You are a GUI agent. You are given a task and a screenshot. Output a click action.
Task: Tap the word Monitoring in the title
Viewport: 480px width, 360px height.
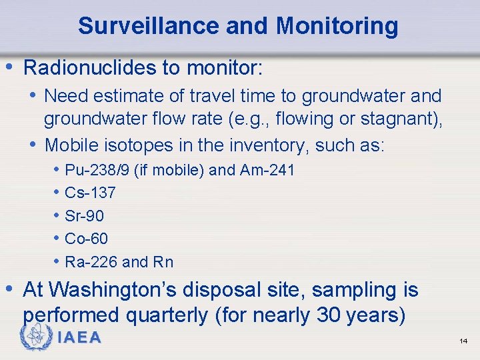pyautogui.click(x=337, y=26)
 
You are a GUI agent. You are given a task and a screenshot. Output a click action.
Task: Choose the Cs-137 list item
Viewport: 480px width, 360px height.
pyautogui.click(x=90, y=193)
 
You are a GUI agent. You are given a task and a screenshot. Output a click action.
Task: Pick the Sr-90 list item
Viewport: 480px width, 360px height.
pyautogui.click(x=85, y=216)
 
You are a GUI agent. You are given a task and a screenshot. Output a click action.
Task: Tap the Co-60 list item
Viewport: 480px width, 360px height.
pyautogui.click(x=86, y=239)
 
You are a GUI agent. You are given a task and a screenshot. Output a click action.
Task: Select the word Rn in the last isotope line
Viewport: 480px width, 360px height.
pyautogui.click(x=163, y=262)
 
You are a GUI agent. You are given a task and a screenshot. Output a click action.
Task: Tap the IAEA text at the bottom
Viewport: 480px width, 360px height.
pyautogui.click(x=79, y=338)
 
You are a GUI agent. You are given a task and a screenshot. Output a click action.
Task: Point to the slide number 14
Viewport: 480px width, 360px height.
pyautogui.click(x=463, y=341)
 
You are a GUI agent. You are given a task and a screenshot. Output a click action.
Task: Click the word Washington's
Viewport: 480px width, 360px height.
pyautogui.click(x=120, y=290)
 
